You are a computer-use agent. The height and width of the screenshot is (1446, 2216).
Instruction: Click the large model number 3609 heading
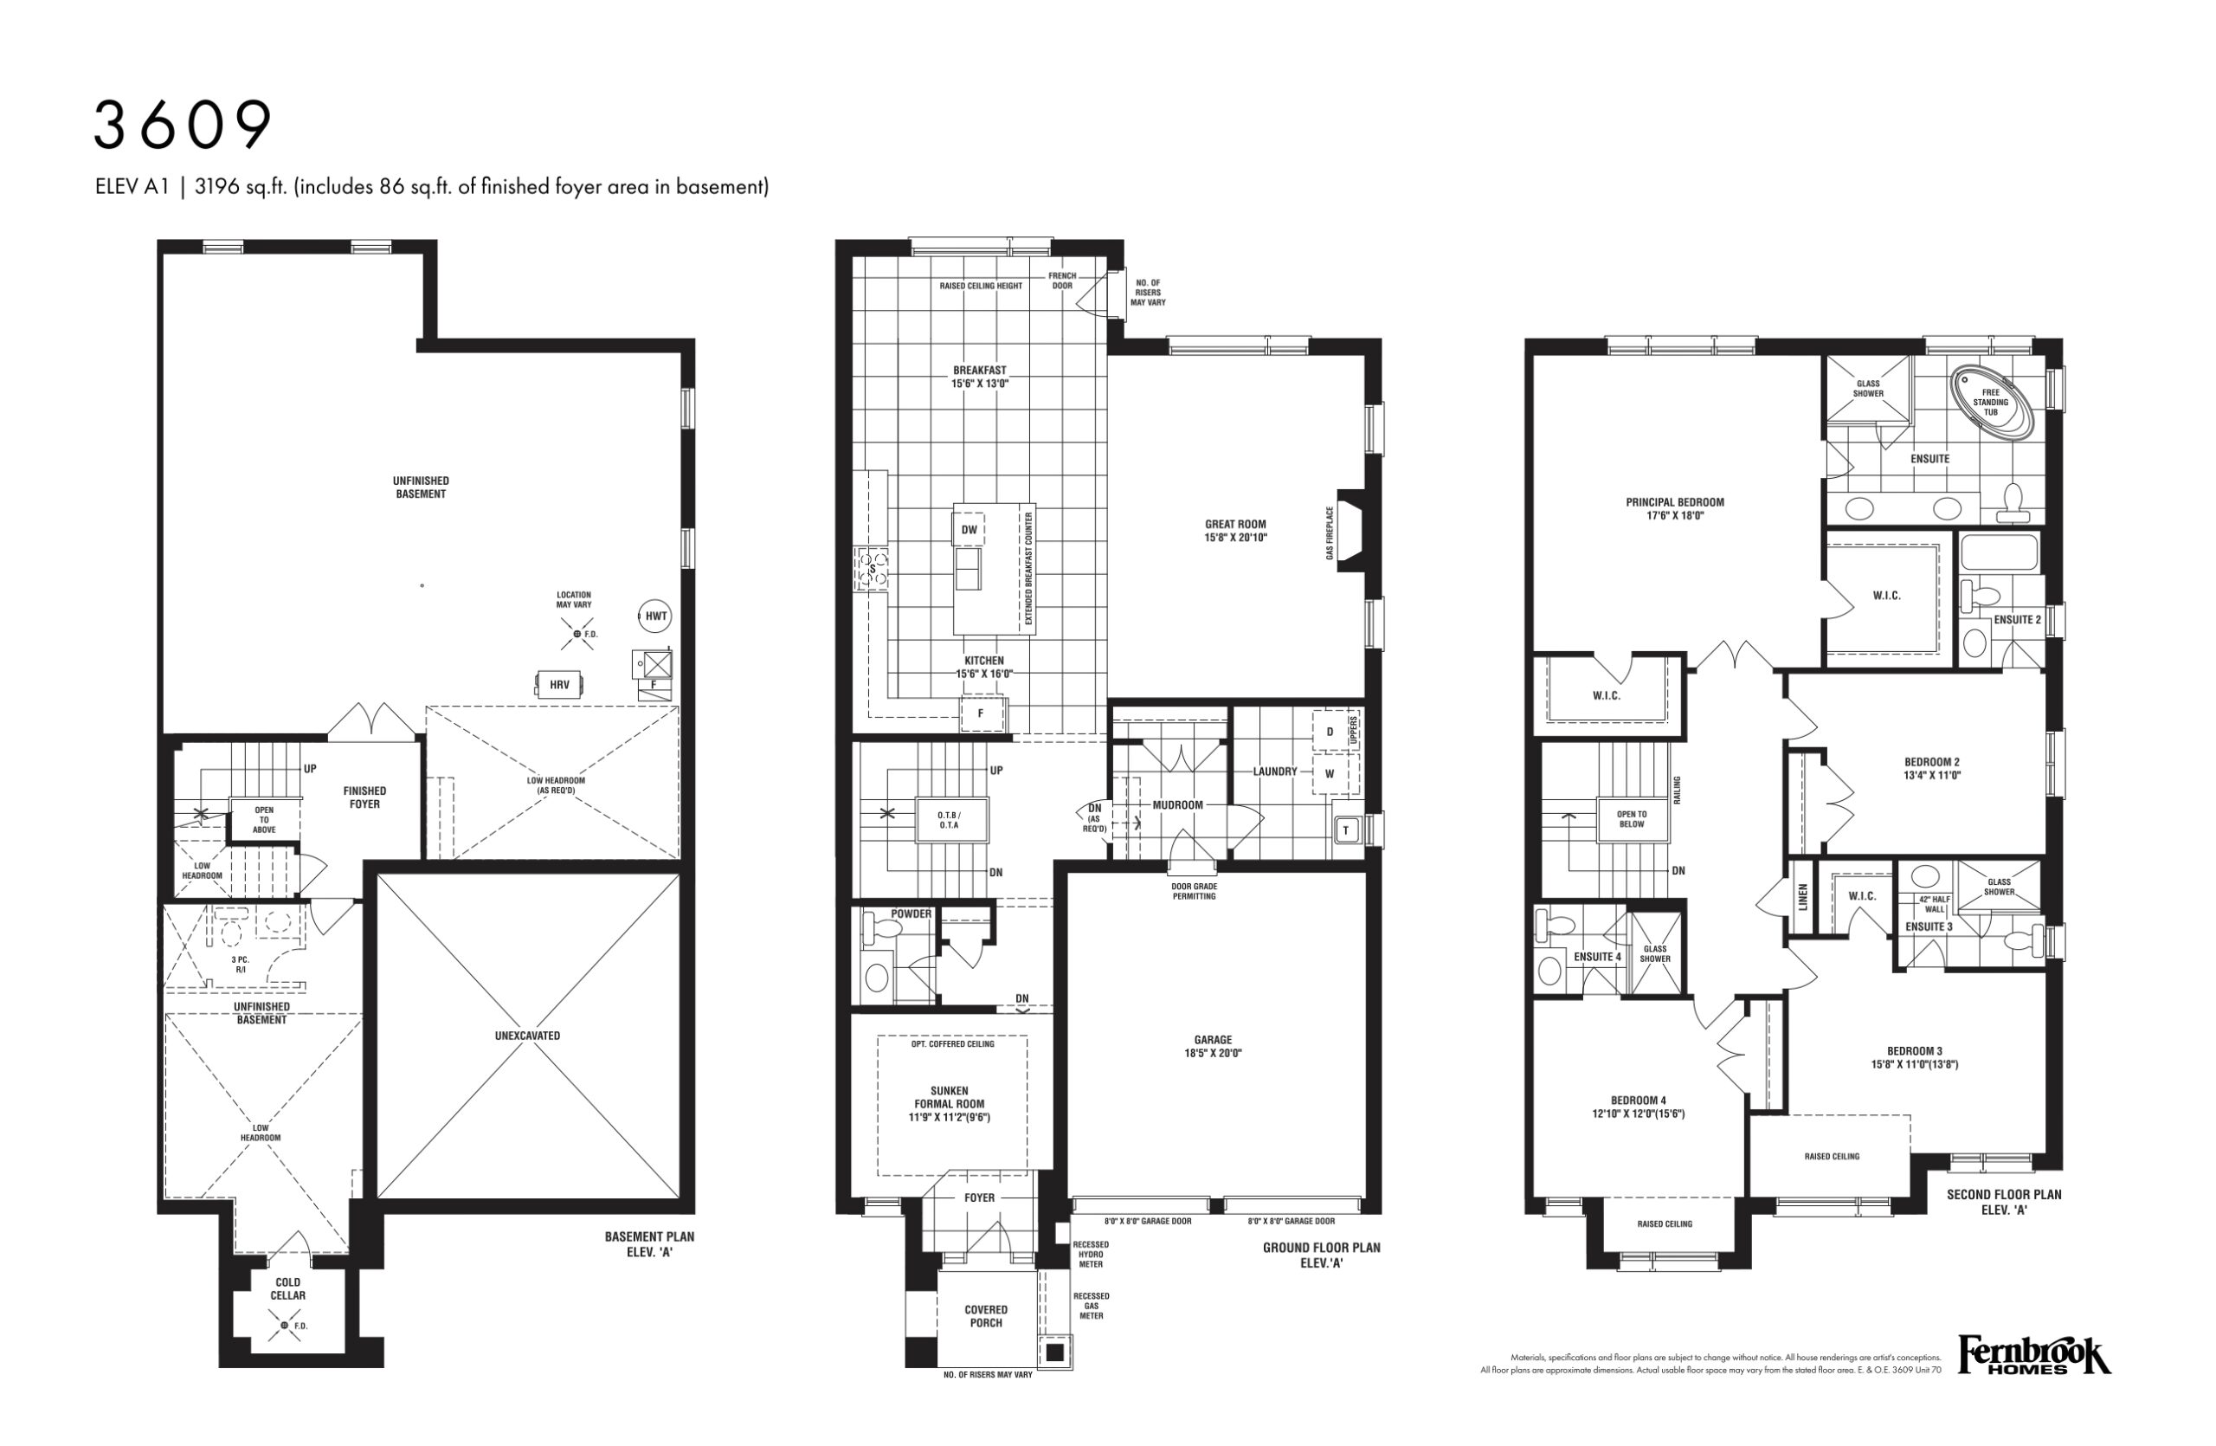click(183, 126)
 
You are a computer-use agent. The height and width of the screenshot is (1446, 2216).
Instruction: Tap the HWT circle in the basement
click(656, 616)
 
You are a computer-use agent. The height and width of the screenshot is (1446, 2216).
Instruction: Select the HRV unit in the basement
click(558, 684)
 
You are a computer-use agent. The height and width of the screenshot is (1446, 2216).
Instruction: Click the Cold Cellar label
click(287, 1288)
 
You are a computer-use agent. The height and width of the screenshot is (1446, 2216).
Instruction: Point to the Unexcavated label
click(528, 1036)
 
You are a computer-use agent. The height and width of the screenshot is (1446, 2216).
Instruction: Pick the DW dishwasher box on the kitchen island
click(969, 530)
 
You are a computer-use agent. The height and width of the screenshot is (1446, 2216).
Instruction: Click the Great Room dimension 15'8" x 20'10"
click(1235, 537)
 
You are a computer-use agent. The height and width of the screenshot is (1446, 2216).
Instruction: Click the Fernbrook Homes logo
click(2034, 1356)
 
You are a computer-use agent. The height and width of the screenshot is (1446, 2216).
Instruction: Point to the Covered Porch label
click(986, 1315)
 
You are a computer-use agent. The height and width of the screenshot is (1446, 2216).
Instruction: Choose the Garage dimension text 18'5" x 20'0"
click(1214, 1053)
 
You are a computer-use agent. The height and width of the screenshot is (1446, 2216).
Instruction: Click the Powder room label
click(911, 913)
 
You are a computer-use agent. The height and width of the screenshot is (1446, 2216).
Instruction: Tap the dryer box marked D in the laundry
click(1330, 732)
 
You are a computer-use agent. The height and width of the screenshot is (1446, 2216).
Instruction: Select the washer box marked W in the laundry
click(1330, 774)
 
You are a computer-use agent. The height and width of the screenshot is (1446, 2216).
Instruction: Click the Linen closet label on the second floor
click(1802, 897)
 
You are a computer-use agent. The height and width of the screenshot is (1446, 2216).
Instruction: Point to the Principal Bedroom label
click(1675, 502)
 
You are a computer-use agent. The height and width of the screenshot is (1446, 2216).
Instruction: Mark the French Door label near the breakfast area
click(1062, 281)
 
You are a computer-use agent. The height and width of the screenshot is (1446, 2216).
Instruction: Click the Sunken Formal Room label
click(950, 1097)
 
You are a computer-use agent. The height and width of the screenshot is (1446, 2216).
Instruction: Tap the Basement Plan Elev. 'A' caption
click(650, 1244)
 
